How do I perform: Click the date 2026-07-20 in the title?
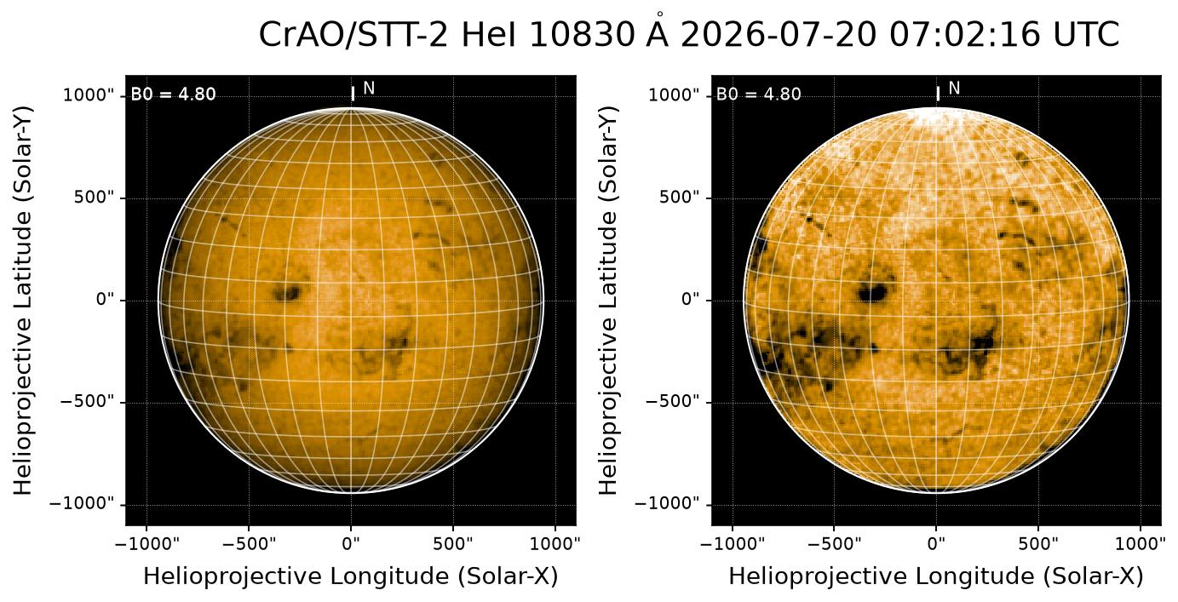(779, 35)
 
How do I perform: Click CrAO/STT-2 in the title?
(353, 36)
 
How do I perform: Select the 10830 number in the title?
(583, 35)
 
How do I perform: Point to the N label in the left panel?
(369, 89)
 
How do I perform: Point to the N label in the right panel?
(954, 89)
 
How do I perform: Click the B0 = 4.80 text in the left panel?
(173, 95)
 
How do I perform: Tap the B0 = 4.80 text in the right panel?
(758, 95)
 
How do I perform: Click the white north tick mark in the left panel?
(353, 94)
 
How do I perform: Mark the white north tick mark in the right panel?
(938, 94)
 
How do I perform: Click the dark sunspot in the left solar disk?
(287, 292)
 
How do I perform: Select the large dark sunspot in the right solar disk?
(872, 292)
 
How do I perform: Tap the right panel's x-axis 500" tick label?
(1038, 543)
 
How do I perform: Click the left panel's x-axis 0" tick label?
(351, 543)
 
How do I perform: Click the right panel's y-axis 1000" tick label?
(675, 95)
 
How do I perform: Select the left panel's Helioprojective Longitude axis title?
(351, 576)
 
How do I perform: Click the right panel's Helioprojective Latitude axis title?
(607, 301)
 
